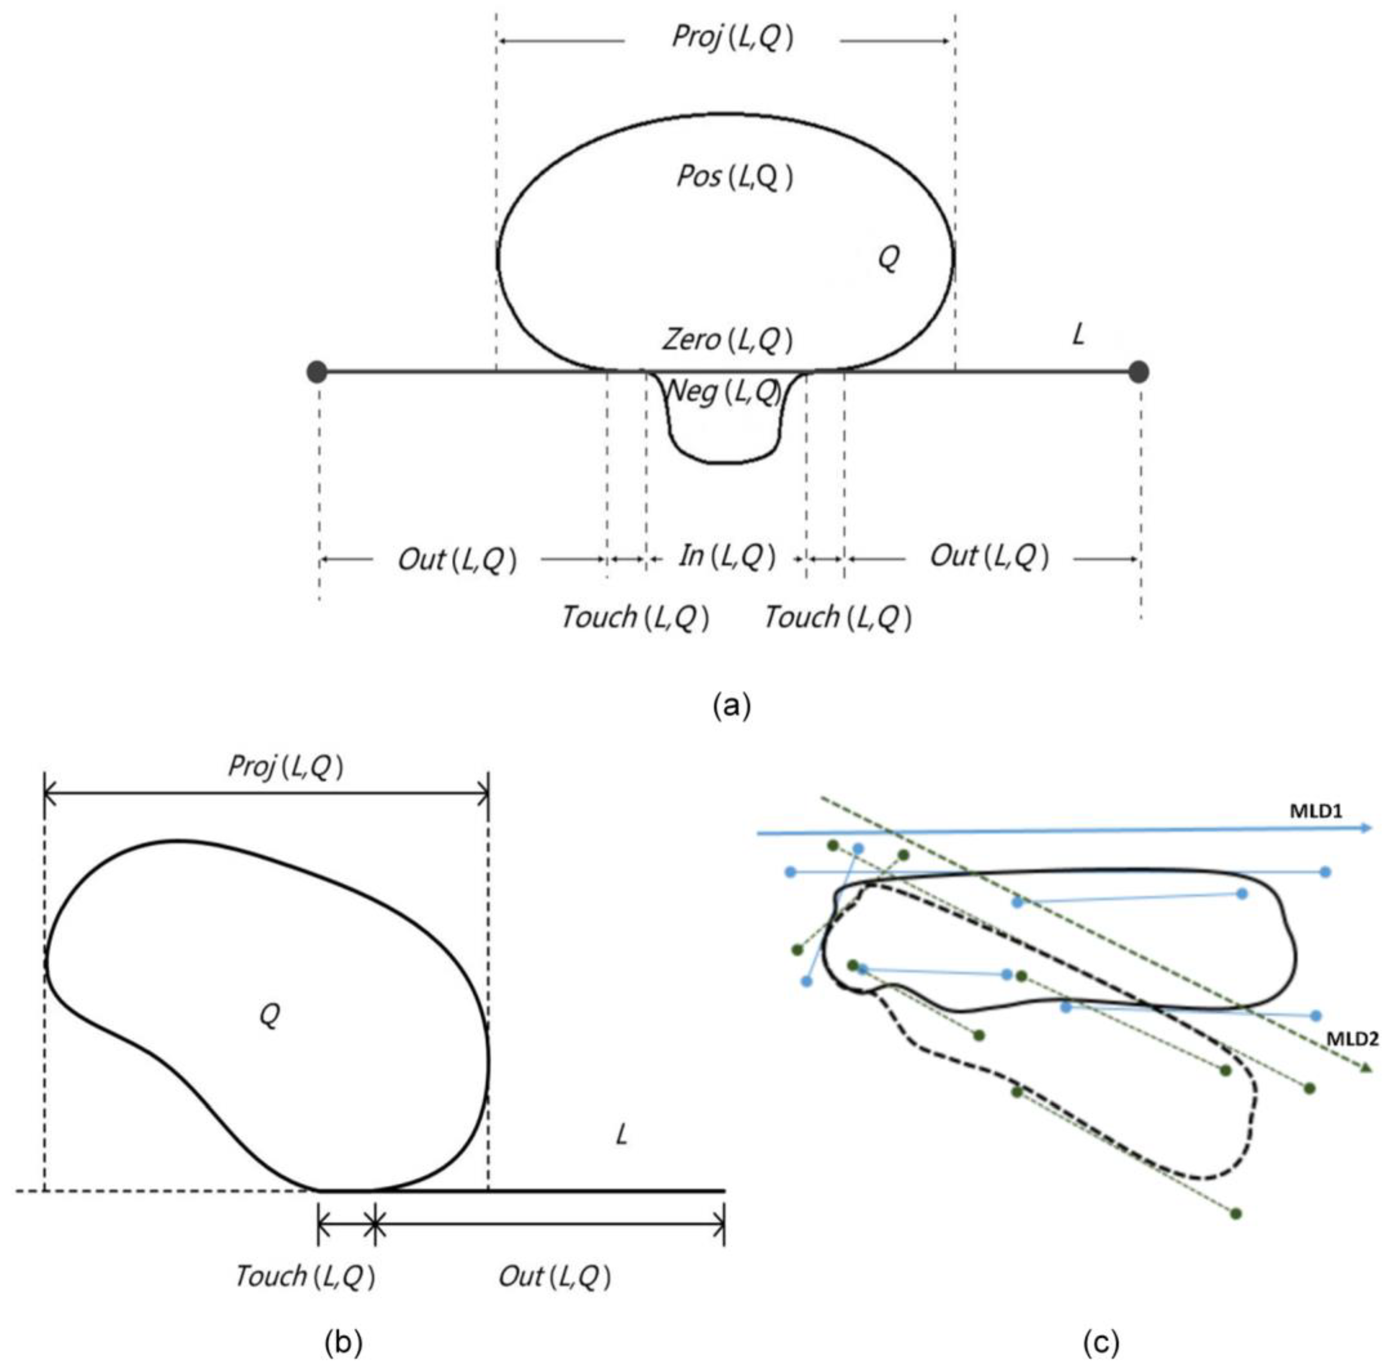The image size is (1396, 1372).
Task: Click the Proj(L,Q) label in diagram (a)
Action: (732, 37)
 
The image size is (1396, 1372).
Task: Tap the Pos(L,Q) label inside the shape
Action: (734, 176)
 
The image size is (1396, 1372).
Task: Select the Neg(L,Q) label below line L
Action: (723, 391)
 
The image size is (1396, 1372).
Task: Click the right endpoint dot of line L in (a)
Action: (1138, 372)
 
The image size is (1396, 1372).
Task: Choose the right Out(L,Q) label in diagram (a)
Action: (989, 556)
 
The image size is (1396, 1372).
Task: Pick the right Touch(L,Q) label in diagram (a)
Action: (837, 617)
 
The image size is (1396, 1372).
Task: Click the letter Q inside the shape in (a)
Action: (888, 257)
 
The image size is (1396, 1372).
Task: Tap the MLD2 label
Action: (1352, 1039)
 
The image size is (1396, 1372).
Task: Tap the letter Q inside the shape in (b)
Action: (269, 1015)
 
